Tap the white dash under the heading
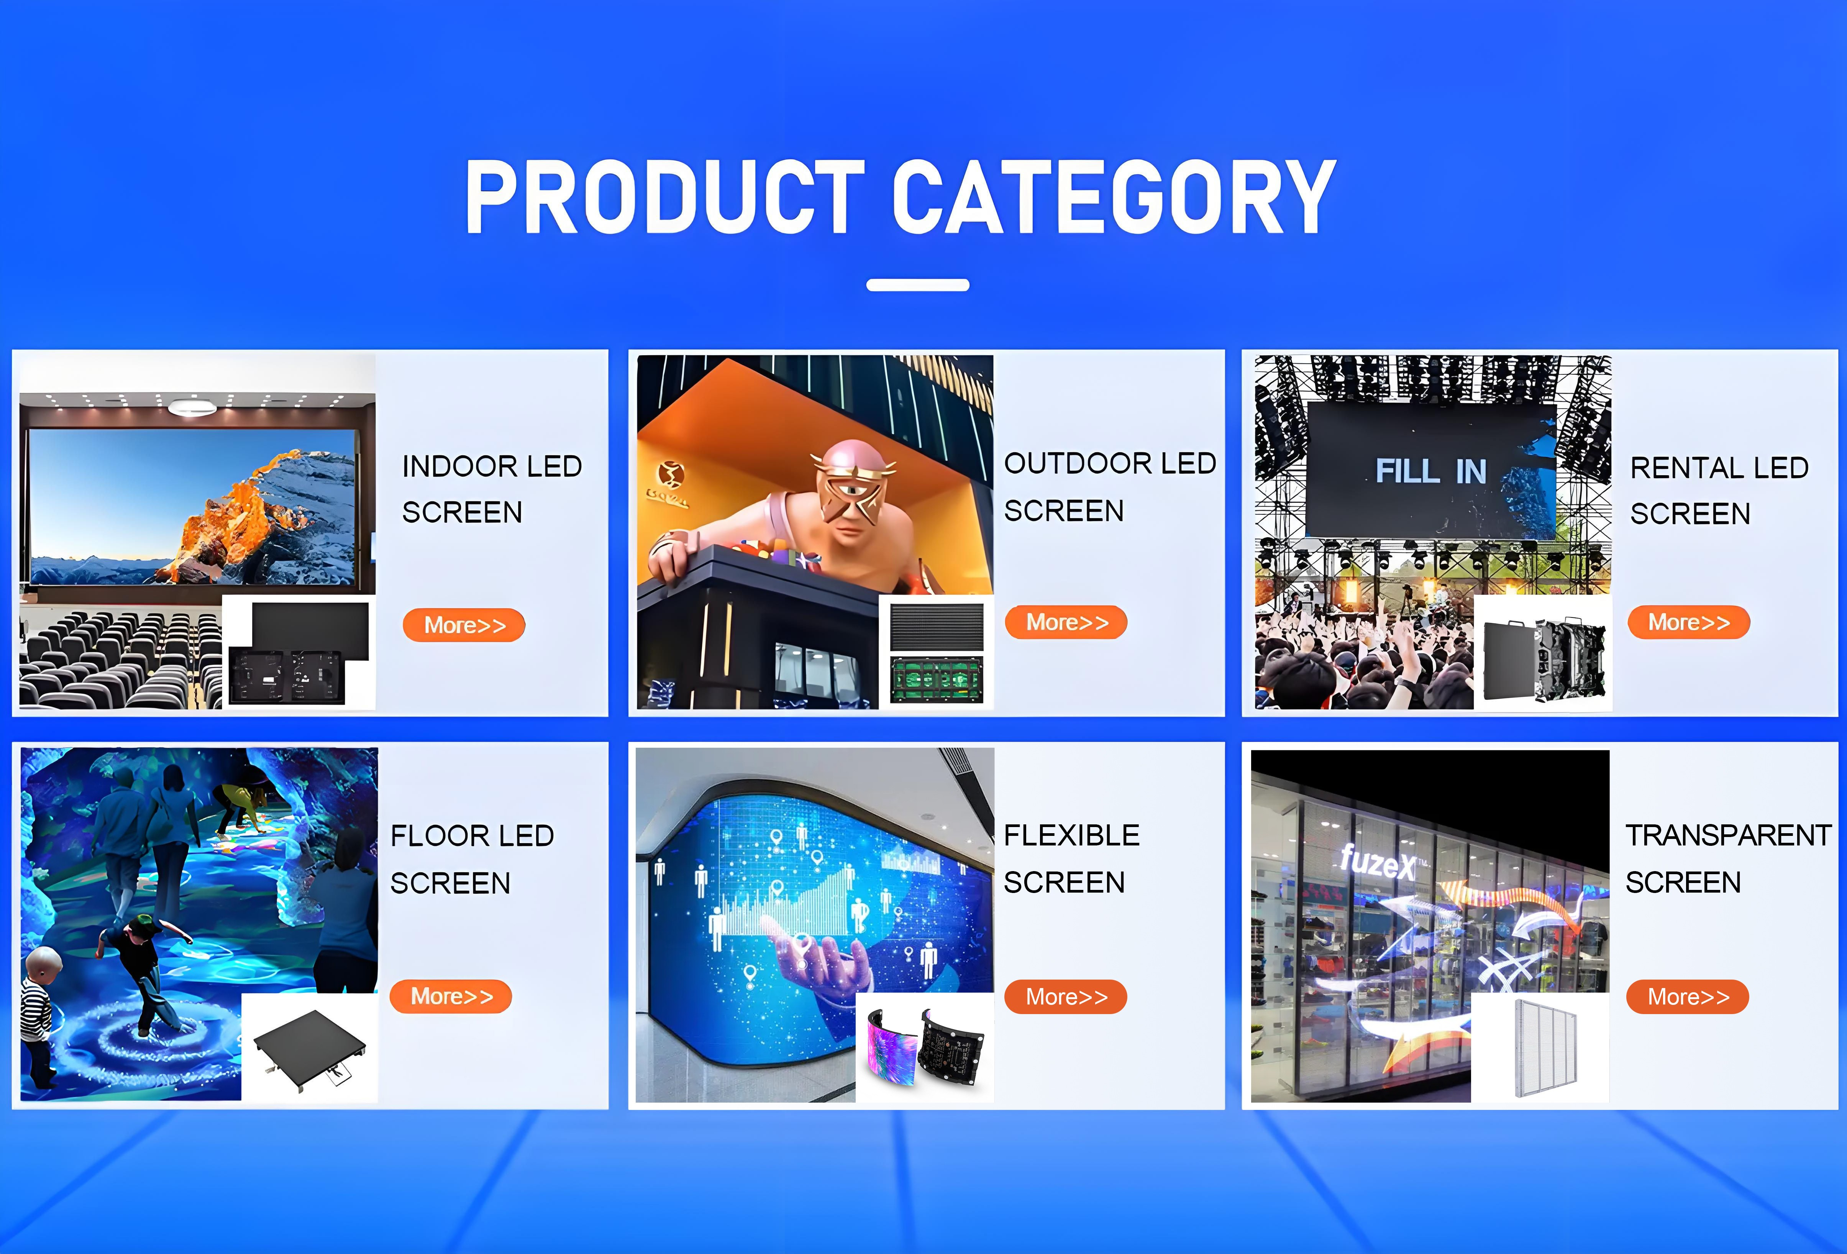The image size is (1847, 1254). click(918, 284)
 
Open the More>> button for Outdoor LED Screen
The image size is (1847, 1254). click(1066, 622)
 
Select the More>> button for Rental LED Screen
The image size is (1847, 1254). click(1689, 622)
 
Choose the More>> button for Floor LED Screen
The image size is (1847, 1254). click(451, 996)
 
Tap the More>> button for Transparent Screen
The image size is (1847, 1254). click(1688, 996)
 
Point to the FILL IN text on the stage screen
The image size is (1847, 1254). click(1430, 471)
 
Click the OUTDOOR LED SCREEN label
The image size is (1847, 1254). click(1109, 486)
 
